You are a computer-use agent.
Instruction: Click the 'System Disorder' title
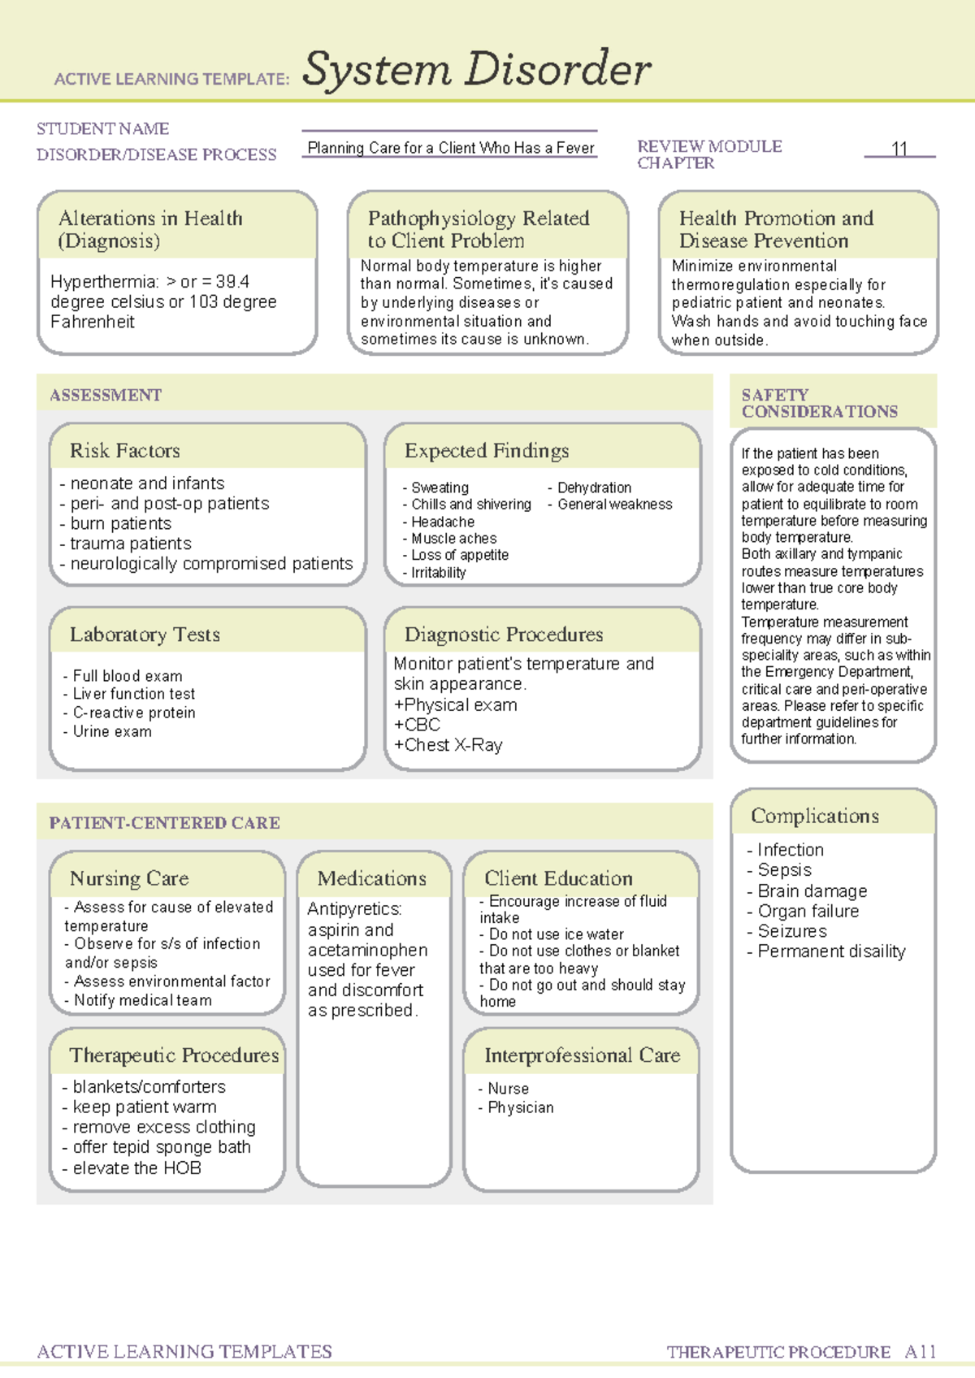click(476, 70)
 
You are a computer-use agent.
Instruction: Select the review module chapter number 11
click(899, 149)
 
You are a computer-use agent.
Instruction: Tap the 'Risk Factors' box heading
click(125, 451)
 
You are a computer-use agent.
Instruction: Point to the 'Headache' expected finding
click(442, 522)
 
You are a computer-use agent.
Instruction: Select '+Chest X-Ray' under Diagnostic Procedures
click(448, 745)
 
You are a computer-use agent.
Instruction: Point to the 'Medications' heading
click(372, 878)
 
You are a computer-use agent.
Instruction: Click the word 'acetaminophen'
click(367, 950)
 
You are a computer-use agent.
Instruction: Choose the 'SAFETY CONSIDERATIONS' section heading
click(819, 403)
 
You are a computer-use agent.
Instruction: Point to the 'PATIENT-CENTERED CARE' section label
click(165, 823)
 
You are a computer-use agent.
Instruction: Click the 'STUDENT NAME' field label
click(103, 129)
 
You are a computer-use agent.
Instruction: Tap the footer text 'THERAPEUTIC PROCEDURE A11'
click(801, 1352)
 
